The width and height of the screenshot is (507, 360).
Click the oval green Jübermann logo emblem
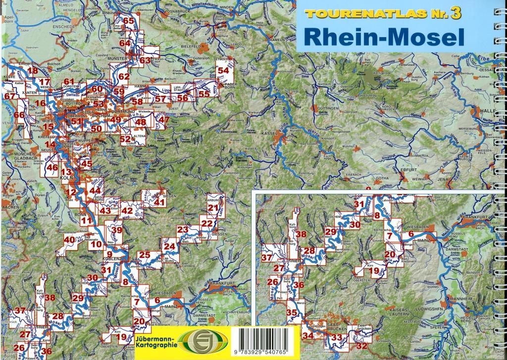[203, 341]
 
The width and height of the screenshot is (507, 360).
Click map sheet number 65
[129, 21]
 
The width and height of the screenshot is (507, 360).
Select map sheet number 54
[223, 70]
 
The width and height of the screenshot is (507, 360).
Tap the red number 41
[159, 202]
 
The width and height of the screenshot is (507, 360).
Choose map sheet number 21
[213, 208]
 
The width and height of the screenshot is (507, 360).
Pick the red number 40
[69, 240]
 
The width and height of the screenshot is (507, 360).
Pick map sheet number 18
[33, 71]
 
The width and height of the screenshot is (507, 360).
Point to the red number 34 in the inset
[308, 336]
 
